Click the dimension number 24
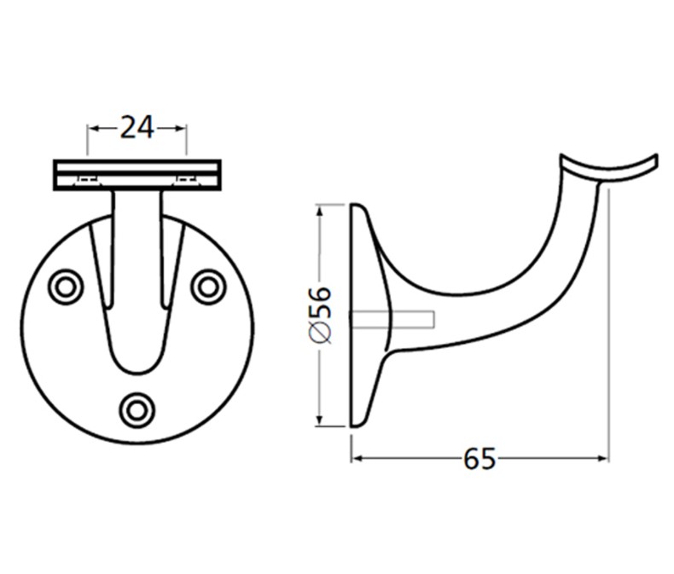137,127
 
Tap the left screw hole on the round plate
66,287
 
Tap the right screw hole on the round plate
207,287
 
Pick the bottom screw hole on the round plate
137,410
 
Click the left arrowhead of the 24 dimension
93,128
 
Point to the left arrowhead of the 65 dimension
357,459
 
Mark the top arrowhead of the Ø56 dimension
319,209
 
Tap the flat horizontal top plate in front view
137,175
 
